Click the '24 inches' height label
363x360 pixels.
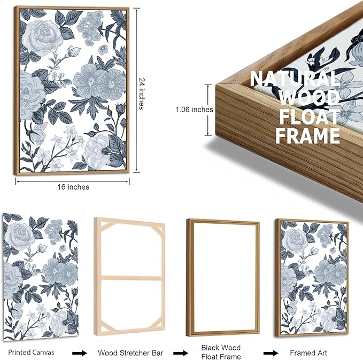pyautogui.click(x=142, y=93)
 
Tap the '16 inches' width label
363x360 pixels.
pyautogui.click(x=73, y=187)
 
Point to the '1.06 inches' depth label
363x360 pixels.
pyautogui.click(x=194, y=109)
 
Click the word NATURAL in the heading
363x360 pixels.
pyautogui.click(x=295, y=79)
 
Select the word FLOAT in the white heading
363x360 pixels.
pyautogui.click(x=310, y=116)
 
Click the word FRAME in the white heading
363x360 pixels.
pyautogui.click(x=308, y=136)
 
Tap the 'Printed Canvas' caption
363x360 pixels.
pyautogui.click(x=31, y=352)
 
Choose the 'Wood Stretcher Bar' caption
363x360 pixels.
pyautogui.click(x=130, y=353)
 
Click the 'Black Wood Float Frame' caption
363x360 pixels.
pyautogui.click(x=221, y=352)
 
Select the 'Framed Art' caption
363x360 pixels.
pyautogui.click(x=308, y=353)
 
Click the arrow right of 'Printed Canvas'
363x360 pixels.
pyautogui.click(x=80, y=353)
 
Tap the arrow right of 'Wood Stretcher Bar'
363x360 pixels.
pyautogui.click(x=181, y=353)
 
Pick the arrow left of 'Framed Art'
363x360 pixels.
pyautogui.click(x=271, y=353)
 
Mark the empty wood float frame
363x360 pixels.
pyautogui.click(x=187, y=278)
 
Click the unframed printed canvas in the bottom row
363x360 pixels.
pyautogui.click(x=41, y=277)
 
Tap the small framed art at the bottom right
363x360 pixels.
pyautogui.click(x=312, y=278)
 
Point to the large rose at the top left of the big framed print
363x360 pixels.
pyautogui.click(x=42, y=37)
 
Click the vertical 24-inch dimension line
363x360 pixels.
pyautogui.click(x=136, y=90)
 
